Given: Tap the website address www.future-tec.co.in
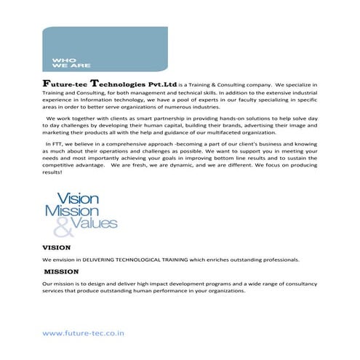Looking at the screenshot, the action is coord(85,334).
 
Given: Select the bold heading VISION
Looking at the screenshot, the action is coord(57,248).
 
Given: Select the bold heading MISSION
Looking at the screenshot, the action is coord(62,271).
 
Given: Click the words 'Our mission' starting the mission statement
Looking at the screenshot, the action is coord(58,282).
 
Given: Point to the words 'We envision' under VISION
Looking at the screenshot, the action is coord(59,260).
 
